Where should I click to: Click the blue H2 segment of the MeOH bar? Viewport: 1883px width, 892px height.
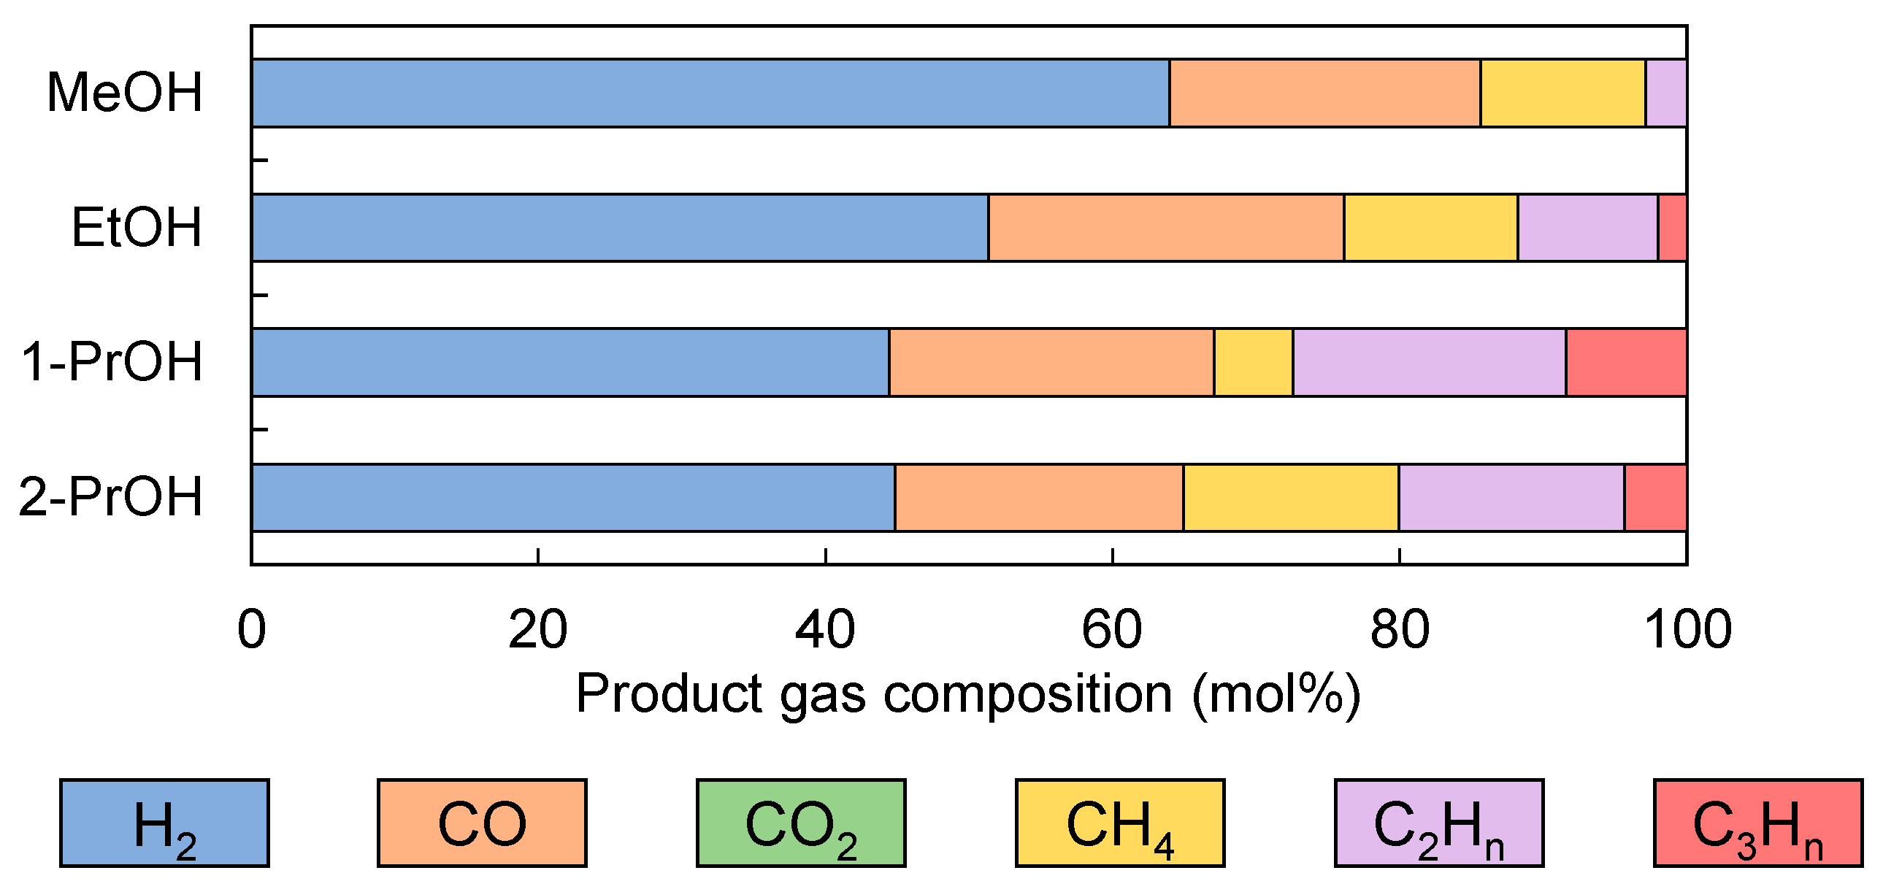[709, 93]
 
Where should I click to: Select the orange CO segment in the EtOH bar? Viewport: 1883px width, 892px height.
[1165, 227]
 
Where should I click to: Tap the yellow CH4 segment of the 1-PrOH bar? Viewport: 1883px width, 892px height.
[1253, 362]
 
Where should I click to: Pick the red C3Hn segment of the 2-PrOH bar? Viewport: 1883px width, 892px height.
[1655, 497]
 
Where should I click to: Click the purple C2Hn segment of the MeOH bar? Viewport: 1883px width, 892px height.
[1665, 93]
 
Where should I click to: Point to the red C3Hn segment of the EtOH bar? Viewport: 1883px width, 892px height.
[1672, 227]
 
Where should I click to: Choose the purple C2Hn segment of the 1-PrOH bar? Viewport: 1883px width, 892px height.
[1428, 362]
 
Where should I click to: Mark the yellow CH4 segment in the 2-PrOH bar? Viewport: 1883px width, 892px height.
[1290, 497]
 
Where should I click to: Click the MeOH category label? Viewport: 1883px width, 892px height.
[124, 93]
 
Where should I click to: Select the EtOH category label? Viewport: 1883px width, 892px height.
[136, 227]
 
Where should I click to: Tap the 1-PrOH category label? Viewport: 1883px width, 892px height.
[111, 362]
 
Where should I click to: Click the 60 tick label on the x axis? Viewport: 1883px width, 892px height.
[1111, 629]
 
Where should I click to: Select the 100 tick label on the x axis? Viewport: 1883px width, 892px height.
[1687, 629]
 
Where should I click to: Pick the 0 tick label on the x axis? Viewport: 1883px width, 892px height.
[251, 629]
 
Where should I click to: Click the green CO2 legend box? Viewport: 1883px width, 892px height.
[800, 823]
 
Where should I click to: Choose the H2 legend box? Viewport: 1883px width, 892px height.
[164, 823]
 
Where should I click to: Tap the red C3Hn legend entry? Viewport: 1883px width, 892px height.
[1757, 823]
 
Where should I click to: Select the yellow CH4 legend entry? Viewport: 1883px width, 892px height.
[1119, 823]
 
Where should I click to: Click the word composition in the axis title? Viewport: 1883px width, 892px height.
[1027, 694]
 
